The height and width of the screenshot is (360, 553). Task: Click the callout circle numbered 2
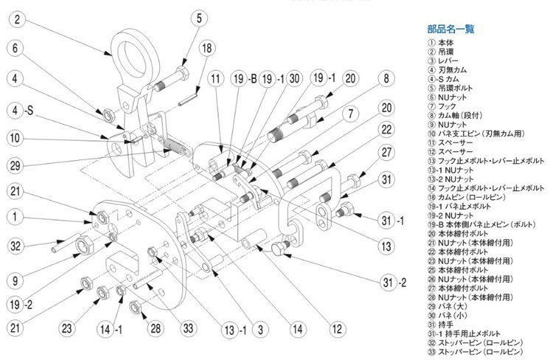click(x=19, y=21)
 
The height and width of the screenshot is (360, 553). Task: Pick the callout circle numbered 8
click(x=384, y=78)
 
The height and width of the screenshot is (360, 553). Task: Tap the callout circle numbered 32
click(x=19, y=246)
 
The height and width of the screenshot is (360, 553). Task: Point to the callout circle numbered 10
click(x=19, y=137)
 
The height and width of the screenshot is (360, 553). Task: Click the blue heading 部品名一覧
click(x=451, y=30)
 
